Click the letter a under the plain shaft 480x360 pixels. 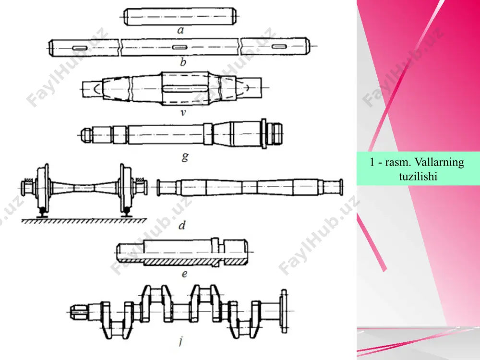tap(180, 30)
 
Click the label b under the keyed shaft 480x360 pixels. tap(183, 62)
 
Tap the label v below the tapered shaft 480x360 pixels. tap(183, 113)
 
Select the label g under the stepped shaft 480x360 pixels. tap(185, 157)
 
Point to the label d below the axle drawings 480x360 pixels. tap(182, 225)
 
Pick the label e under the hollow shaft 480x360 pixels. tap(184, 274)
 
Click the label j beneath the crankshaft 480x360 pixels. tap(181, 340)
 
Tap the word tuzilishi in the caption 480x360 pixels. tap(418, 176)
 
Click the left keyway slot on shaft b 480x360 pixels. tap(80, 48)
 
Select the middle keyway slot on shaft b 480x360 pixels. tap(180, 47)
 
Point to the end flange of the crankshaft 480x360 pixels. tap(284, 311)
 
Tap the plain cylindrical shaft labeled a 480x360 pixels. tap(180, 16)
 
